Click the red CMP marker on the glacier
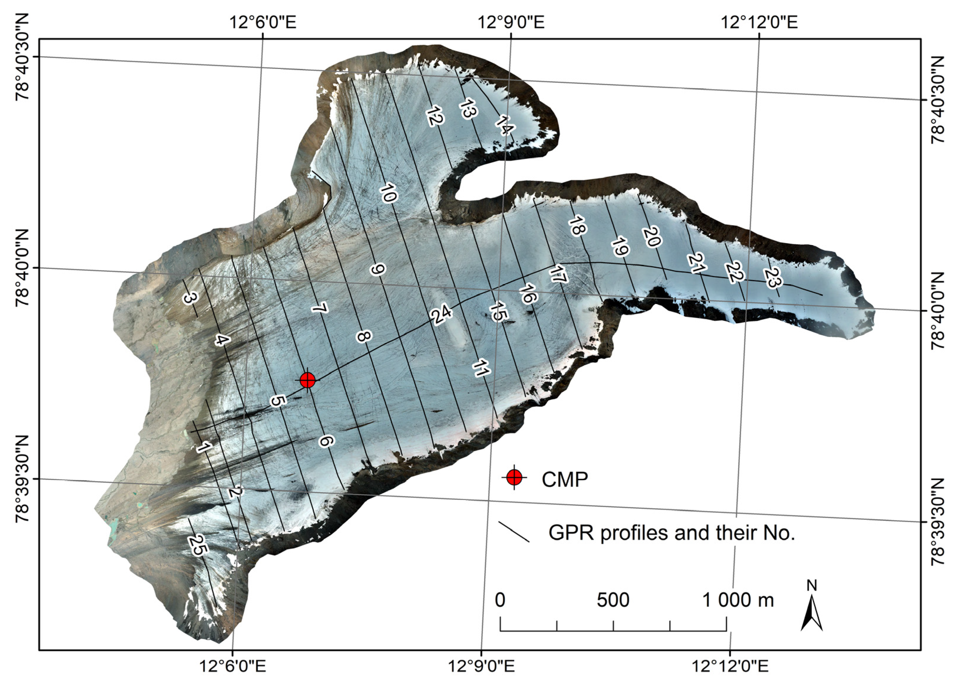click(307, 380)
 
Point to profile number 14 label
click(504, 125)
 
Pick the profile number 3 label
click(190, 298)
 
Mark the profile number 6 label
click(326, 441)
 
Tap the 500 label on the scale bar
click(613, 600)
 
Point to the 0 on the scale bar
click(500, 600)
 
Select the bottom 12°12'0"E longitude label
click(730, 666)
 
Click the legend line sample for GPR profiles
click(514, 532)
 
